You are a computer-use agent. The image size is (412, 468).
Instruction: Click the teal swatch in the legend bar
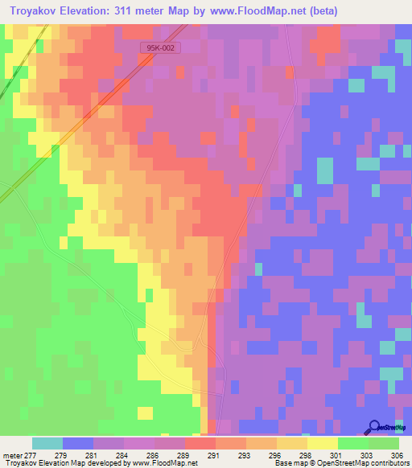(x=47, y=443)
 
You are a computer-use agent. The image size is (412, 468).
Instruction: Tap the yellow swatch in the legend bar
(x=322, y=443)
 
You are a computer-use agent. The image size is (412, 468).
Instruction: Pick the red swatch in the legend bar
(x=200, y=443)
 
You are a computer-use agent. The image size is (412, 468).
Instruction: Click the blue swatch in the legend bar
(x=78, y=443)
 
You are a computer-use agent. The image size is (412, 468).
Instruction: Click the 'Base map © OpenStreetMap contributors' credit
(x=340, y=463)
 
